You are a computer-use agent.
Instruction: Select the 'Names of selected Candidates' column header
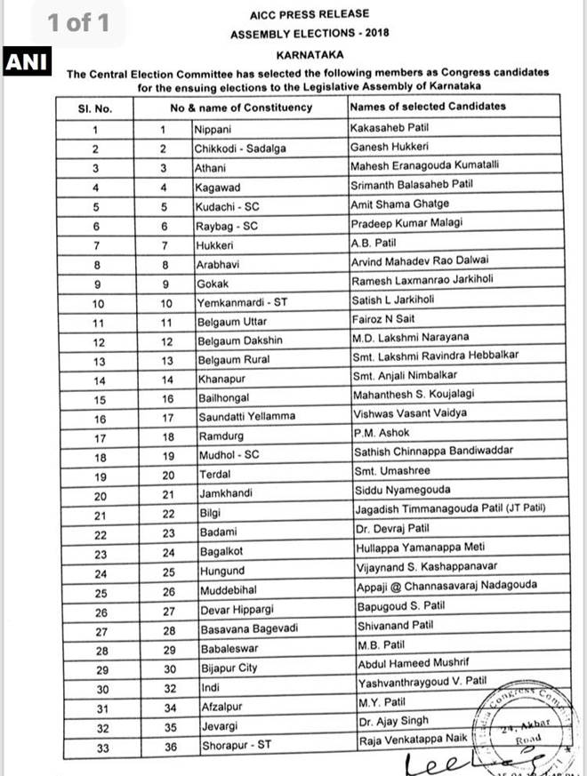pyautogui.click(x=428, y=107)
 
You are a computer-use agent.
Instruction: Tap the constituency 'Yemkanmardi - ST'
pyautogui.click(x=240, y=300)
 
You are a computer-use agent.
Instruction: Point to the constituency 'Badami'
pyautogui.click(x=218, y=532)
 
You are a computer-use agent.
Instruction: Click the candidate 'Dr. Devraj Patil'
pyautogui.click(x=390, y=530)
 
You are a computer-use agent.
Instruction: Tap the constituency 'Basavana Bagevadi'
pyautogui.click(x=246, y=627)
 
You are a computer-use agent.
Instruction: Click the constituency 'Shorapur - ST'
pyautogui.click(x=235, y=747)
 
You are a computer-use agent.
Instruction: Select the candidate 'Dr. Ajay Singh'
pyautogui.click(x=390, y=721)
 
